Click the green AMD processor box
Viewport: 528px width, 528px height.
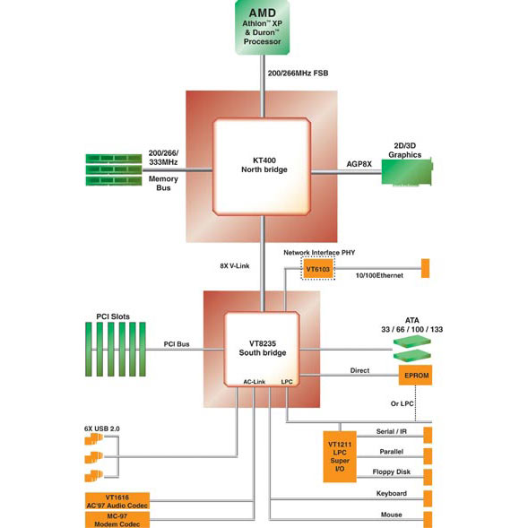click(263, 27)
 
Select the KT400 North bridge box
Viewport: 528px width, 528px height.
click(262, 167)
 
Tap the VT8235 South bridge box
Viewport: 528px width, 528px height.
click(262, 350)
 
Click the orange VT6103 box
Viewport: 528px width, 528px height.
click(318, 269)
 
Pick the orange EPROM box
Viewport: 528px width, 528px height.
click(415, 375)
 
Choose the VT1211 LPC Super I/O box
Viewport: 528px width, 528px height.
click(340, 456)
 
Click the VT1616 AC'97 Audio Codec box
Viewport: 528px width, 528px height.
click(117, 501)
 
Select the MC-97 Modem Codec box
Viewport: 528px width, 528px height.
click(117, 520)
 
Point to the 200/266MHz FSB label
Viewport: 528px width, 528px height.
click(298, 74)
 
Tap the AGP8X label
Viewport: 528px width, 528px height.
click(359, 164)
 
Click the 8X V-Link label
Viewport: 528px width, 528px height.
click(235, 265)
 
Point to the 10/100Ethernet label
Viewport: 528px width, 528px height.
click(379, 275)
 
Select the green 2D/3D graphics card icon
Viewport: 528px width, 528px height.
click(407, 172)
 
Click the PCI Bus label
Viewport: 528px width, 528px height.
click(177, 344)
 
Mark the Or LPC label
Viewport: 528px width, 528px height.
click(402, 403)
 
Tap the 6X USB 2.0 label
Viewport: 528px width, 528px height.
click(101, 428)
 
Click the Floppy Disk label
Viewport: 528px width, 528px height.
click(391, 472)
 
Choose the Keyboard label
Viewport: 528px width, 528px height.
click(391, 493)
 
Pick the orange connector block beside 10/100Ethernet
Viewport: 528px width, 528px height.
click(425, 268)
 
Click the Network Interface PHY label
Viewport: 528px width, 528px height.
click(319, 253)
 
